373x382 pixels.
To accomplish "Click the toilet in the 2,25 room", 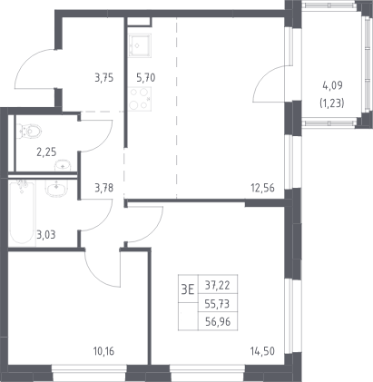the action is tap(29, 132).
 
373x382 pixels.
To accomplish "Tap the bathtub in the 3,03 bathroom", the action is tap(22, 211).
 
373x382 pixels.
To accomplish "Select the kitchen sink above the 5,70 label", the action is tap(140, 45).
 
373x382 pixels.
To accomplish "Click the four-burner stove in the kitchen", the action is tap(140, 99).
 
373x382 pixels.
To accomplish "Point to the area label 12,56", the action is tap(262, 188).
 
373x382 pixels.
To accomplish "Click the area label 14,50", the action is tap(262, 351).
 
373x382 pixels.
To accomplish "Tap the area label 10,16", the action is tap(103, 351).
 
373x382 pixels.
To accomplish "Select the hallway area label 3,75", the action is tap(104, 78).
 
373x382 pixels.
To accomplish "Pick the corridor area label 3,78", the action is tap(104, 188).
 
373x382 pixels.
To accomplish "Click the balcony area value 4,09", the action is tap(332, 86).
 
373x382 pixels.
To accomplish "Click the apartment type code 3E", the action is tap(188, 290).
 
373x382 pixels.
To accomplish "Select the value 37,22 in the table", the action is tap(218, 285).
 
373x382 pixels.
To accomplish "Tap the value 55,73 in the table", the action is tap(218, 304).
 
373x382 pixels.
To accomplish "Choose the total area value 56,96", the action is tap(218, 322).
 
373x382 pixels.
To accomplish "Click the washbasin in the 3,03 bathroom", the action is tap(56, 189).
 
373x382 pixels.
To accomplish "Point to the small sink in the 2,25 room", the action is tap(63, 165).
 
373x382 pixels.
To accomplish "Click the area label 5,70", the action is tap(146, 78).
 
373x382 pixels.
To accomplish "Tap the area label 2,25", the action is tap(46, 152).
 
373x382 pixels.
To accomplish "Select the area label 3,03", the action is tap(46, 235).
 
